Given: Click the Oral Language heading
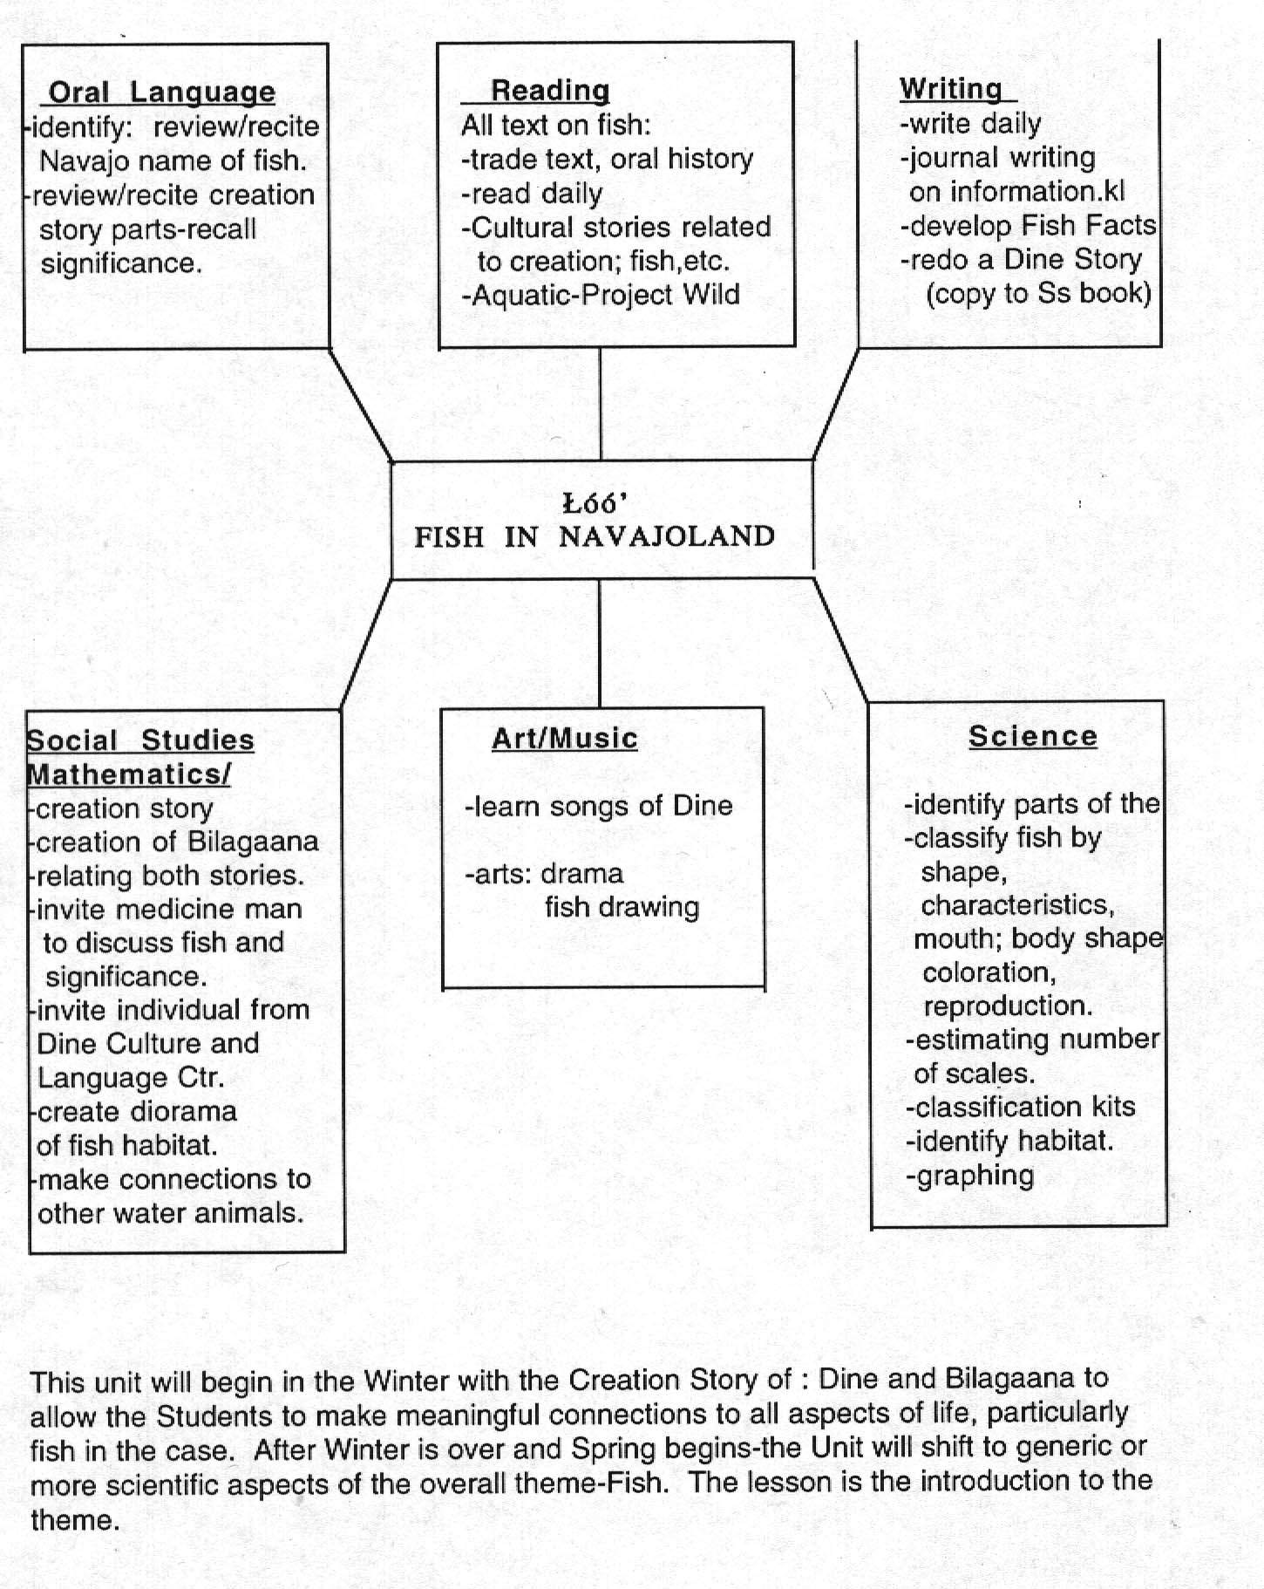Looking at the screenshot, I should click(x=161, y=92).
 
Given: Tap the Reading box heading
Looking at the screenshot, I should click(x=549, y=91).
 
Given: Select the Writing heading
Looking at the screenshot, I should click(x=951, y=89).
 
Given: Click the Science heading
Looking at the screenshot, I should click(x=1032, y=736).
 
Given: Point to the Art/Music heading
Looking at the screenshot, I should click(x=564, y=739).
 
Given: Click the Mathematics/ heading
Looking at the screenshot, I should click(x=129, y=774).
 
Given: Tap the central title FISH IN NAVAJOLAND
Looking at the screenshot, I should click(x=595, y=536).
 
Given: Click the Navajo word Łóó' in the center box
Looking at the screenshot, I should click(x=595, y=503).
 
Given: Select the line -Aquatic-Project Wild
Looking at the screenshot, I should click(x=601, y=295).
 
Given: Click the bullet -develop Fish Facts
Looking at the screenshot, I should click(x=1028, y=226).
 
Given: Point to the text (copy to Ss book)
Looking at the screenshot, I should click(x=1038, y=293).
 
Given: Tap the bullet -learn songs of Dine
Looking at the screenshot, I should click(x=599, y=806).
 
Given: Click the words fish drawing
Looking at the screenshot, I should click(x=622, y=907).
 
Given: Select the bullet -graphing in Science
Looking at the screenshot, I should click(x=970, y=1176).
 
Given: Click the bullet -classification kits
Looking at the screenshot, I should click(x=1021, y=1107).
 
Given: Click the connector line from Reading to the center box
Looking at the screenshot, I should click(x=601, y=404).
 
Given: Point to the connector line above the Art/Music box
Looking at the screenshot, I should click(x=600, y=643).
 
